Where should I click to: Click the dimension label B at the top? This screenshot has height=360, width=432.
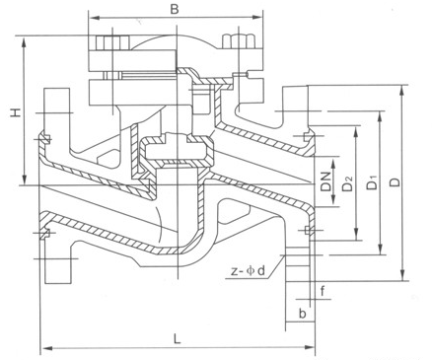click(175, 9)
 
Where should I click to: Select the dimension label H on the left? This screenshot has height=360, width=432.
click(15, 112)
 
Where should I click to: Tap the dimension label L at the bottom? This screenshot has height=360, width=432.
click(178, 338)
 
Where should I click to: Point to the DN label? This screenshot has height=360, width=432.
click(325, 181)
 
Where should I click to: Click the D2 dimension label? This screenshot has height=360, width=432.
click(347, 183)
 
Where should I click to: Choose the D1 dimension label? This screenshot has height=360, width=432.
click(372, 182)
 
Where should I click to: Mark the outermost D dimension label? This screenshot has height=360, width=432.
click(396, 181)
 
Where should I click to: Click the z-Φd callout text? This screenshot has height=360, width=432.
click(248, 271)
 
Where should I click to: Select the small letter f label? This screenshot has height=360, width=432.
click(324, 291)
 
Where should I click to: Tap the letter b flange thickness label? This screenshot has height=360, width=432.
click(303, 314)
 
